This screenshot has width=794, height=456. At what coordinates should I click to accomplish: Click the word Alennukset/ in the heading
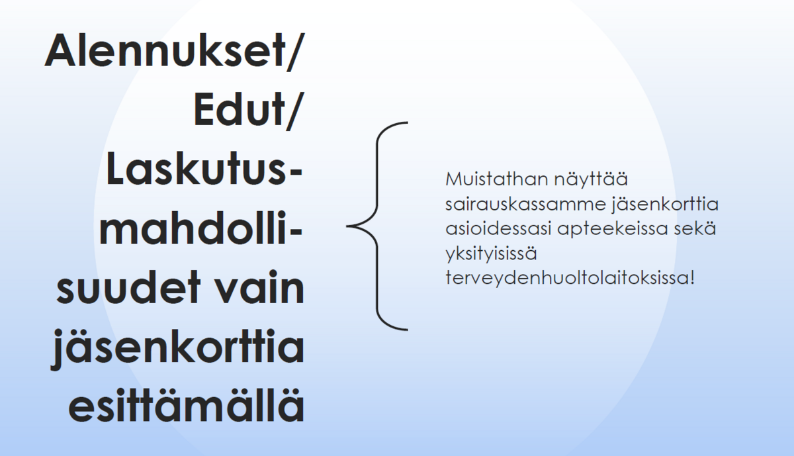(x=175, y=51)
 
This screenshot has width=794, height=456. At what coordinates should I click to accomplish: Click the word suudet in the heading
(x=128, y=287)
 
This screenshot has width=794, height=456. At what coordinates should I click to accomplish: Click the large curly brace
(x=377, y=226)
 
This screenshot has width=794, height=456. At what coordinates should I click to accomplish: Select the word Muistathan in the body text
(x=497, y=179)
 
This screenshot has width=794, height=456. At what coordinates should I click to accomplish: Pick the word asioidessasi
(x=498, y=228)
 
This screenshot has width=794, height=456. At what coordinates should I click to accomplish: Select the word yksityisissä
(x=491, y=254)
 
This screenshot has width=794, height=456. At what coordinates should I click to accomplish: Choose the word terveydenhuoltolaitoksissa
(x=566, y=279)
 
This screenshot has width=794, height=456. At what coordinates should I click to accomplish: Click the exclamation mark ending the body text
(x=691, y=278)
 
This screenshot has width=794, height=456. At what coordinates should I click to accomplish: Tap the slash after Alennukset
(x=296, y=52)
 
